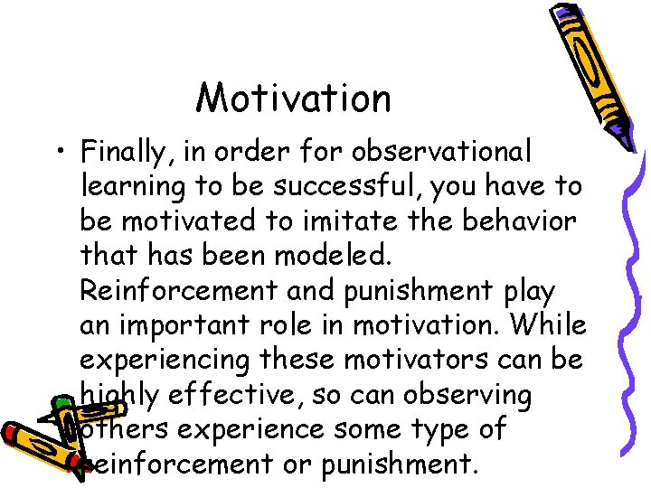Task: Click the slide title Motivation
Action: (294, 98)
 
